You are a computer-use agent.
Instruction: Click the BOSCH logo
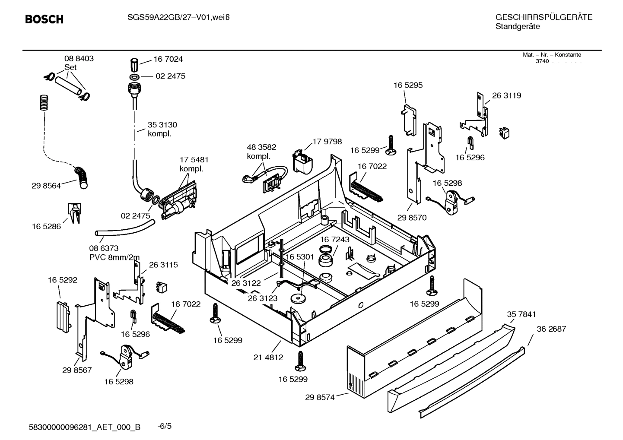pos(44,19)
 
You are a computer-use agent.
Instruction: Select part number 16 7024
pos(168,59)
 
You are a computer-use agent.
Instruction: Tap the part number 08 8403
pos(79,58)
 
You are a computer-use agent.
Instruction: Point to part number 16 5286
pos(46,226)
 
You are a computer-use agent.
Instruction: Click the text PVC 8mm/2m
pos(114,257)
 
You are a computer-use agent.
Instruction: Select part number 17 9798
pos(327,142)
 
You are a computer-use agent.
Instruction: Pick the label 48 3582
pos(261,147)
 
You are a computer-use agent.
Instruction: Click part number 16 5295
pos(408,85)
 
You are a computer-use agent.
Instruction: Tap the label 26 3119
pos(506,96)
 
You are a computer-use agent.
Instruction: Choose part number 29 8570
pos(412,218)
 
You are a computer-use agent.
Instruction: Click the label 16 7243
pos(335,239)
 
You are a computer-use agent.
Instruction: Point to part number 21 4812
pos(268,357)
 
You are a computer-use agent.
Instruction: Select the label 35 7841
pos(521,314)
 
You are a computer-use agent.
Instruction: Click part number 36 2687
pos(551,329)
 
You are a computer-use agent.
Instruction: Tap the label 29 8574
pos(320,397)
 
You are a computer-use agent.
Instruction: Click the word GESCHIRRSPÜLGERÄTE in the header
pos(544,17)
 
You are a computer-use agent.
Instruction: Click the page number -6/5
pos(164,426)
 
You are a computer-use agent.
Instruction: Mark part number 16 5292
pos(63,280)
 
